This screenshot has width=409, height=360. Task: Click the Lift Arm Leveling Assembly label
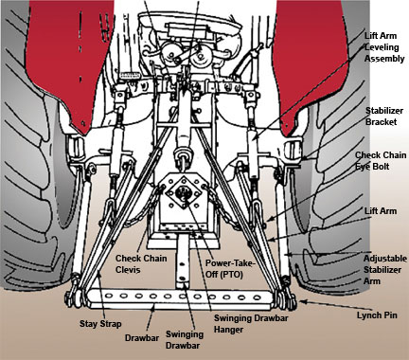pyautogui.click(x=384, y=47)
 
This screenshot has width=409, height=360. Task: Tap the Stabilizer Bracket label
pyautogui.click(x=384, y=117)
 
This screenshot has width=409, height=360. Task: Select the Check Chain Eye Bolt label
pyautogui.click(x=381, y=161)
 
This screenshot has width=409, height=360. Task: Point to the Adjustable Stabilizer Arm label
pyautogui.click(x=385, y=270)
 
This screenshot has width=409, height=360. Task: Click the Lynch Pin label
pyautogui.click(x=377, y=315)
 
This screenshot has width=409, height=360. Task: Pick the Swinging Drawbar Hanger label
pyautogui.click(x=251, y=323)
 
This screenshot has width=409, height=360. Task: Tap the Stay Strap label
pyautogui.click(x=100, y=324)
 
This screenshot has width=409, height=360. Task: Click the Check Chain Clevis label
pyautogui.click(x=141, y=263)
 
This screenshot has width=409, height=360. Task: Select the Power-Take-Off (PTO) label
pyautogui.click(x=230, y=269)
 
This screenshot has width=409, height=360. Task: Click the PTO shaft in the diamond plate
pyautogui.click(x=183, y=191)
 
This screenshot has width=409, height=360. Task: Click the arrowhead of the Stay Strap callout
pyautogui.click(x=99, y=274)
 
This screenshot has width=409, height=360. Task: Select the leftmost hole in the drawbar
pyautogui.click(x=109, y=296)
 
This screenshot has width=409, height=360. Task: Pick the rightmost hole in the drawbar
pyautogui.click(x=258, y=297)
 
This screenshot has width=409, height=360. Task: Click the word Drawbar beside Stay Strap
pyautogui.click(x=142, y=338)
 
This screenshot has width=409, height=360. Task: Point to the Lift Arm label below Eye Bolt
pyautogui.click(x=381, y=211)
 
